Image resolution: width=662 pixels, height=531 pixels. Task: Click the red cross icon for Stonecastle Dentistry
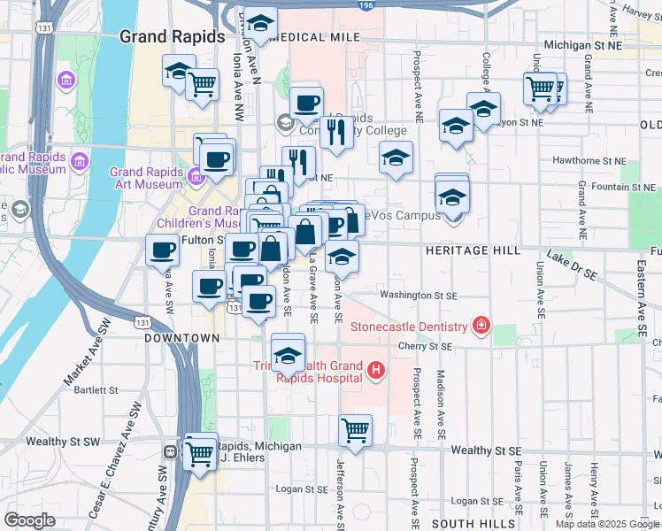point(481,327)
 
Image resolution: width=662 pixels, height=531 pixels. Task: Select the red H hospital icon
point(376,369)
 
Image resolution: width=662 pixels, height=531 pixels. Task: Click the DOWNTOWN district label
point(182,338)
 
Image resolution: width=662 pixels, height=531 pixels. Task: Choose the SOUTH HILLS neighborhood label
point(466,524)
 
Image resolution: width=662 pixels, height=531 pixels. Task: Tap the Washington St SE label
point(419,295)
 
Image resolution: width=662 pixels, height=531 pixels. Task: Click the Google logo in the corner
point(30,519)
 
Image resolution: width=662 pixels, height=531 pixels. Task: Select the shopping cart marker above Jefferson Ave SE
point(355,431)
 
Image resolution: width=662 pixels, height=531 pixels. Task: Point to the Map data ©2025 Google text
point(607,524)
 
